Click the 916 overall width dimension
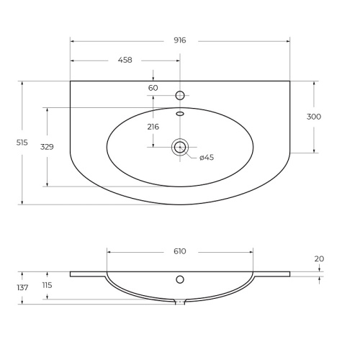click(180, 40)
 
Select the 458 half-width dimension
click(125, 60)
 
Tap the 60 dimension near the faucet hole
click(153, 88)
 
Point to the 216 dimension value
click(153, 127)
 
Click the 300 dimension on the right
click(314, 117)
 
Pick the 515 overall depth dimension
click(22, 143)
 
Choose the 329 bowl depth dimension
click(47, 147)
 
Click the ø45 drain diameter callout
click(207, 158)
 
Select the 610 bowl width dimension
click(180, 251)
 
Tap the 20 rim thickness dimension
click(319, 258)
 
